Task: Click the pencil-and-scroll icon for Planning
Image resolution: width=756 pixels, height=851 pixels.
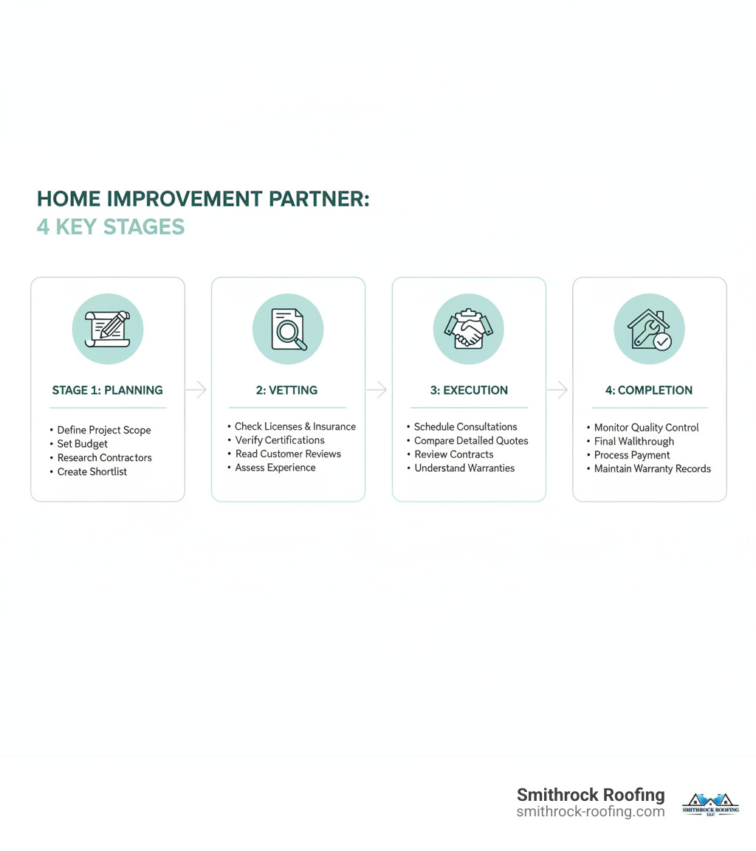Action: pyautogui.click(x=108, y=329)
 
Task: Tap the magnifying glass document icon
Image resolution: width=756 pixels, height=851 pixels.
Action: pyautogui.click(x=288, y=329)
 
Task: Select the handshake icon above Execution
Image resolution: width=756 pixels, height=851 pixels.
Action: pyautogui.click(x=469, y=329)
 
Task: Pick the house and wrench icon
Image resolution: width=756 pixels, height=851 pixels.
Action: pyautogui.click(x=649, y=329)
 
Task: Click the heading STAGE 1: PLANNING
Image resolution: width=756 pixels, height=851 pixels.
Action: pyautogui.click(x=108, y=390)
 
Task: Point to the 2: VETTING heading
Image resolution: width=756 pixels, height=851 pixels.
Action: pyautogui.click(x=288, y=390)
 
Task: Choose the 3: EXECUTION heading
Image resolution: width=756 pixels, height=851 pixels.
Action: pyautogui.click(x=470, y=390)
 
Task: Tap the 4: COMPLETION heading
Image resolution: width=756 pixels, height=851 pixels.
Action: pyautogui.click(x=649, y=390)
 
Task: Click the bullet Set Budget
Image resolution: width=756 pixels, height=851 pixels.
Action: pyautogui.click(x=82, y=444)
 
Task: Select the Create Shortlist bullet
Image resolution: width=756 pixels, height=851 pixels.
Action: pyautogui.click(x=92, y=472)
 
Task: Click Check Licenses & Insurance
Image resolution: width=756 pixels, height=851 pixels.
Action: pyautogui.click(x=295, y=427)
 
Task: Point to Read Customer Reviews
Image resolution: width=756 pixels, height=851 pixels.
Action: pyautogui.click(x=288, y=454)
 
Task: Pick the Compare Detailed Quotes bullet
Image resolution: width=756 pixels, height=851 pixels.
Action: pyautogui.click(x=471, y=441)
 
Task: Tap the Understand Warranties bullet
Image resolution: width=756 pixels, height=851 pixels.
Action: pyautogui.click(x=464, y=468)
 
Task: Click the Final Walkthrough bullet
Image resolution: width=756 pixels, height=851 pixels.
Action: pyautogui.click(x=633, y=442)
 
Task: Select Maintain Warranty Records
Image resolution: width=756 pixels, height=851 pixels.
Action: pyautogui.click(x=652, y=469)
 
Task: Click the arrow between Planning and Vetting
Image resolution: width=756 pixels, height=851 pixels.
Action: pyautogui.click(x=196, y=390)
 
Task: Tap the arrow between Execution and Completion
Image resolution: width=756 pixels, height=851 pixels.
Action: pyautogui.click(x=558, y=390)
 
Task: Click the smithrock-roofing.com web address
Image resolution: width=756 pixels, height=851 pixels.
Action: pyautogui.click(x=591, y=812)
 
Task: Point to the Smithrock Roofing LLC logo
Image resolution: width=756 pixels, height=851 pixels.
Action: pyautogui.click(x=710, y=804)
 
